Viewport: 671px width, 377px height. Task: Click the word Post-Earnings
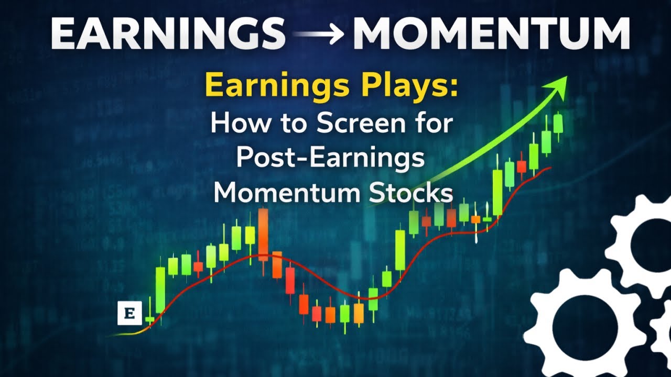click(330, 158)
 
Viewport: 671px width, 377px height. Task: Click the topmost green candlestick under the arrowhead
click(558, 124)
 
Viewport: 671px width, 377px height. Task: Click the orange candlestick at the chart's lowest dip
click(359, 313)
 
